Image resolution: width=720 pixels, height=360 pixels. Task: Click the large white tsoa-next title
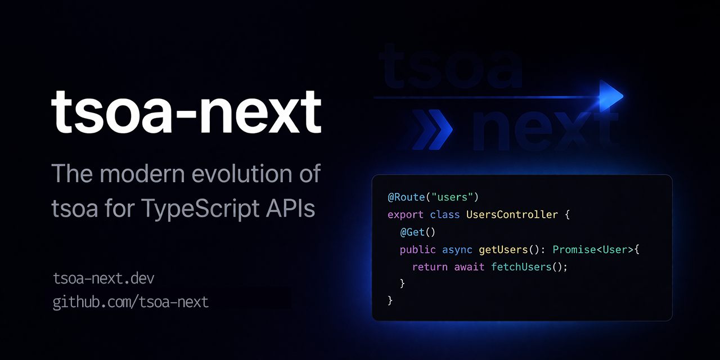coord(186,111)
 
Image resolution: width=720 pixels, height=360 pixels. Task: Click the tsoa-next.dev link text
coord(103,278)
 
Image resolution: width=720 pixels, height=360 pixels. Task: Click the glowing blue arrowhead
coord(611,96)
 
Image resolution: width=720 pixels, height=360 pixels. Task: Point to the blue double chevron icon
coord(431,129)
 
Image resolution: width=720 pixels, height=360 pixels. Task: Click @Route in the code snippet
coord(406,197)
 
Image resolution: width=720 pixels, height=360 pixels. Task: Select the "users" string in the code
coord(452,197)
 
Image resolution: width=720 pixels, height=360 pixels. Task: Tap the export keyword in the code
coord(406,215)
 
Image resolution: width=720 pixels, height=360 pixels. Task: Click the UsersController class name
coord(512,214)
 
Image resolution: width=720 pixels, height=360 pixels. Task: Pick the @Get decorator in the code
coord(412,232)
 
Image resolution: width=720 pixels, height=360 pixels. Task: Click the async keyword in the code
coord(457,250)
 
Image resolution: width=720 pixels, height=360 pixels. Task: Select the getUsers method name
coord(503,250)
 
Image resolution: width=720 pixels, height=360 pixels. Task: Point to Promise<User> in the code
coord(593,250)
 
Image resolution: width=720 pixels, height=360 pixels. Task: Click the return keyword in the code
coord(430,267)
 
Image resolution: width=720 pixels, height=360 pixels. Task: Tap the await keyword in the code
coord(469,267)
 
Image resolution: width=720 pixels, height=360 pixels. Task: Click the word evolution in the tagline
coord(241,174)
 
